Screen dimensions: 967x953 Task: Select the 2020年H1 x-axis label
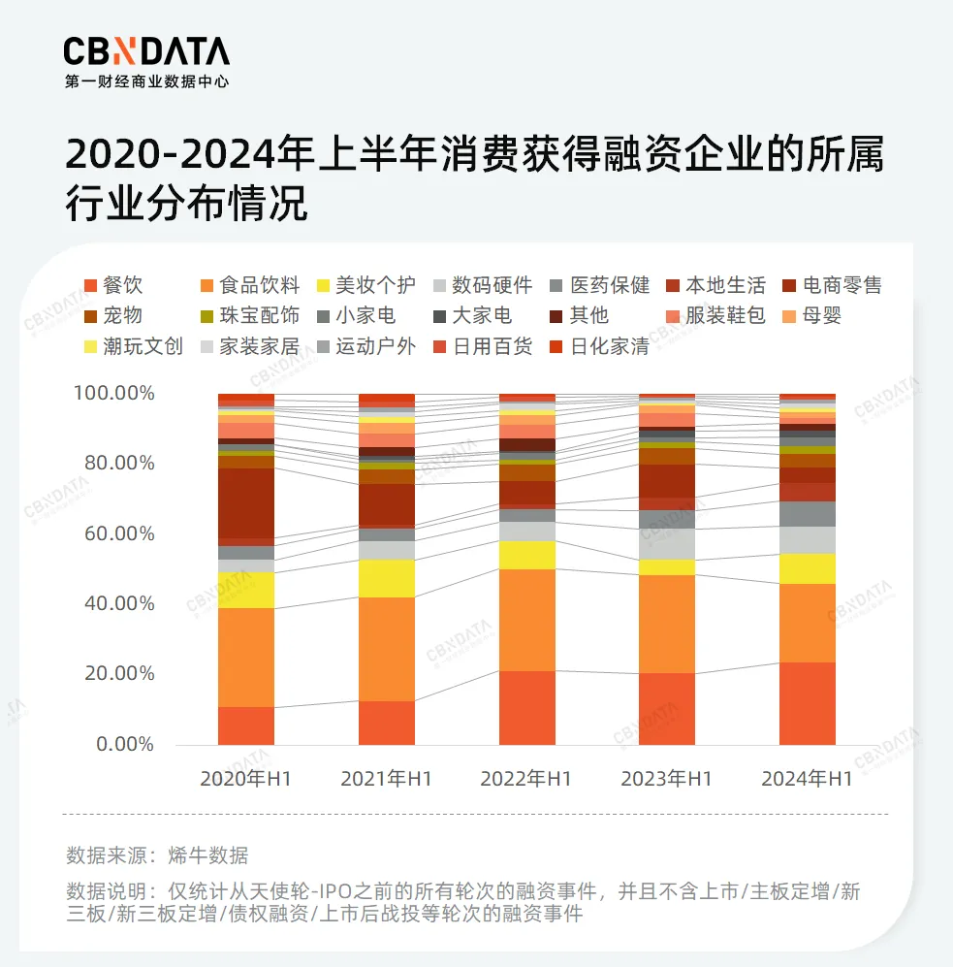(x=246, y=779)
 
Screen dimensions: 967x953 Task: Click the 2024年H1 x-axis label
(x=807, y=779)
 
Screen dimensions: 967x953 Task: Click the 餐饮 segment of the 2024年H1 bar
(x=808, y=703)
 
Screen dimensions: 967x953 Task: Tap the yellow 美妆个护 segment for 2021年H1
(x=387, y=578)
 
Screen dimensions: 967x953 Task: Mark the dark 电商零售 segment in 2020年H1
(x=246, y=502)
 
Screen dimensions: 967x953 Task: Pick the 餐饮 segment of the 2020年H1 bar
(x=246, y=725)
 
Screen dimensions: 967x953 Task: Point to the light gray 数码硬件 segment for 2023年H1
(x=667, y=544)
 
